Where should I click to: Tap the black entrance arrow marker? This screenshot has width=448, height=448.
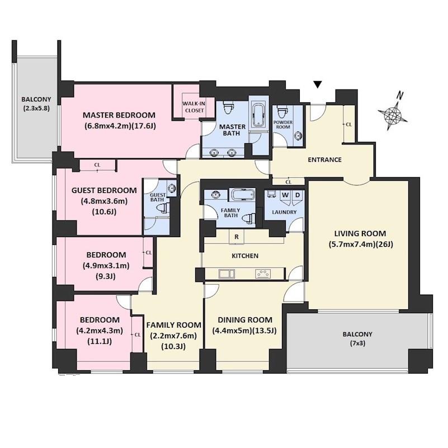318,84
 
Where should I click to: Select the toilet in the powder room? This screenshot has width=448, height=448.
282,111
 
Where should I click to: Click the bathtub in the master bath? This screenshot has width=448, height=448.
258,115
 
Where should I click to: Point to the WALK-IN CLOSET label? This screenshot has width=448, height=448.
194,107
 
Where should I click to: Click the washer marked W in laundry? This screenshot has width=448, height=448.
285,196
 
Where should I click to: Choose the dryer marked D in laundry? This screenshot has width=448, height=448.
297,196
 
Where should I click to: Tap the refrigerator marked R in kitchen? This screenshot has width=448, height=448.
237,237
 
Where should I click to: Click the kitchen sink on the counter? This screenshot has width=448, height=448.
227,273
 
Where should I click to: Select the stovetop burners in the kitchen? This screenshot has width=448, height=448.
263,273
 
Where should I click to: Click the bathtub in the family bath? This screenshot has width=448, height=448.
243,195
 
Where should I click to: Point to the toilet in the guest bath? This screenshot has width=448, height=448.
163,208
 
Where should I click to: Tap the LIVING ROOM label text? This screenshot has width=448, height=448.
360,233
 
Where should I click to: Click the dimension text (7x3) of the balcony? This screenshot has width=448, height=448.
357,343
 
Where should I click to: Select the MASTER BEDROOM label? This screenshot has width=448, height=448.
119,115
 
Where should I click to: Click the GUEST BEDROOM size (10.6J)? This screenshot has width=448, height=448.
104,212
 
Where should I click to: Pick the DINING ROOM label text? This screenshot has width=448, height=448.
245,320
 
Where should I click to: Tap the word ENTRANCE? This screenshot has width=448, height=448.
324,160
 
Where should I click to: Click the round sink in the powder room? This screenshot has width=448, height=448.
298,135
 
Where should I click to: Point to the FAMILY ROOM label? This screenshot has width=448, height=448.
174,325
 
